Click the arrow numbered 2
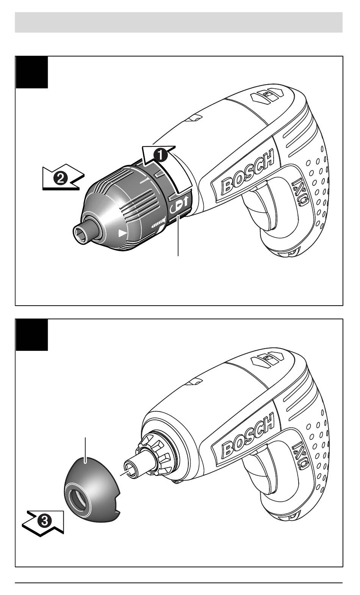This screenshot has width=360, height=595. tap(63, 177)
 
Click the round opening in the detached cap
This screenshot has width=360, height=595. tap(78, 498)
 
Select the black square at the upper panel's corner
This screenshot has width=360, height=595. tap(32, 72)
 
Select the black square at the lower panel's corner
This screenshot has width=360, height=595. tap(32, 335)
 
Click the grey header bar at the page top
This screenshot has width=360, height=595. tap(178, 22)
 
